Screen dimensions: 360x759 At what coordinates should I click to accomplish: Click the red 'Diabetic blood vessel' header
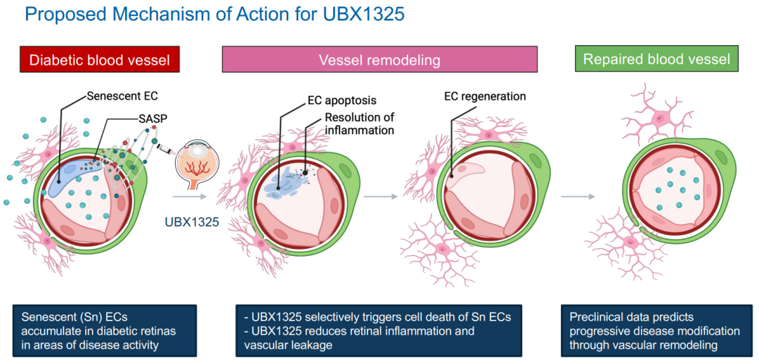[100, 60]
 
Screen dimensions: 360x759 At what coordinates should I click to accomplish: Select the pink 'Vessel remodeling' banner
[379, 60]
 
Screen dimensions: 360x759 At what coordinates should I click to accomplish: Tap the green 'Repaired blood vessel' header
[656, 59]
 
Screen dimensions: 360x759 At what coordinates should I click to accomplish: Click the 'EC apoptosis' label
[341, 101]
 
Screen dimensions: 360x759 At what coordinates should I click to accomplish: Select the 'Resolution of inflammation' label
[359, 124]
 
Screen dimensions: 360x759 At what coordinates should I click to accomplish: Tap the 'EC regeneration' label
[484, 96]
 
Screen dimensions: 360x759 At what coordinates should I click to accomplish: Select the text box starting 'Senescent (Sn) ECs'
[105, 330]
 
